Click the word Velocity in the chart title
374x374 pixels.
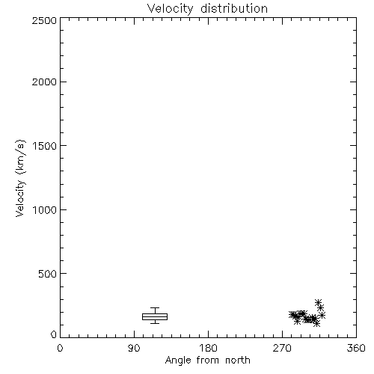point(170,9)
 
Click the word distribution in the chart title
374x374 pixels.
point(234,8)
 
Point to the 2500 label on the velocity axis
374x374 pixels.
point(44,20)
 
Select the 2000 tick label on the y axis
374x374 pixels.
point(44,82)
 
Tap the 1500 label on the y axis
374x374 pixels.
point(45,145)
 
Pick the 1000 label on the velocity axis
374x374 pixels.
point(45,209)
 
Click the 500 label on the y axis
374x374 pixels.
point(48,274)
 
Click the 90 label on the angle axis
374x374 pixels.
point(134,348)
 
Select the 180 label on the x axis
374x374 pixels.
point(208,348)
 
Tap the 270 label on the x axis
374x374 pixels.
point(282,348)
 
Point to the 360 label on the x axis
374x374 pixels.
point(356,348)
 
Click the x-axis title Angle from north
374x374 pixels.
point(208,361)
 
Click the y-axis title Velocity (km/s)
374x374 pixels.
point(20,178)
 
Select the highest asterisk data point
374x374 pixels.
point(318,302)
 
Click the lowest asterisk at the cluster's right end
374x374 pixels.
point(316,323)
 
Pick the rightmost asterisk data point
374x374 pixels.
point(322,316)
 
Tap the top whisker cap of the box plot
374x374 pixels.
point(155,308)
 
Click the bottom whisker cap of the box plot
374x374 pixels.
point(155,323)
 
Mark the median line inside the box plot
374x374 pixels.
point(155,317)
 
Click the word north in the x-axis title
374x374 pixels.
point(238,360)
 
